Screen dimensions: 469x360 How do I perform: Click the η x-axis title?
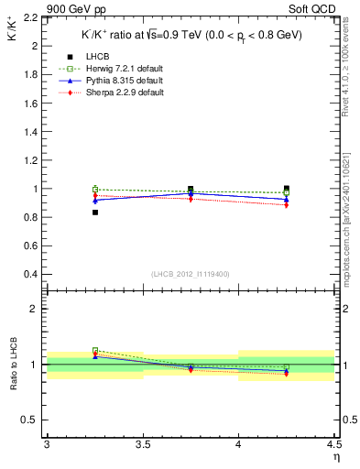tap(335, 456)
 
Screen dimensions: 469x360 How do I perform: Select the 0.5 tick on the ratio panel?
tap(35, 420)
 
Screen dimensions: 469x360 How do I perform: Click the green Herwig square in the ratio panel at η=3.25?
tap(94, 350)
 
